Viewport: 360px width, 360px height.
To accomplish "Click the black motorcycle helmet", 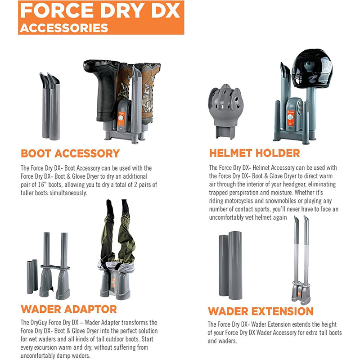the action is click(x=312, y=69).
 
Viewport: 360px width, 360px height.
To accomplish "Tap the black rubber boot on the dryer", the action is click(x=103, y=90).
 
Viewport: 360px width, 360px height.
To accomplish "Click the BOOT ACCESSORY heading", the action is click(x=70, y=153).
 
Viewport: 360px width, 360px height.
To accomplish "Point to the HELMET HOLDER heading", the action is click(x=255, y=153).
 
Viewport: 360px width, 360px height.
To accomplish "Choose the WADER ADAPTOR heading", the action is click(x=69, y=309).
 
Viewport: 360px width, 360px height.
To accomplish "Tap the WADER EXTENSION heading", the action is click(x=261, y=311).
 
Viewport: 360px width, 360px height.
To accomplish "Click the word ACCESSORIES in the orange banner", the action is click(x=64, y=28).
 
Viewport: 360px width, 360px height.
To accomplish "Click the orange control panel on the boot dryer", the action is click(x=121, y=119).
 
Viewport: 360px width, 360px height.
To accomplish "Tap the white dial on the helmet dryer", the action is click(x=290, y=117).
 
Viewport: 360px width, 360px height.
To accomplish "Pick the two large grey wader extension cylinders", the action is click(x=230, y=265).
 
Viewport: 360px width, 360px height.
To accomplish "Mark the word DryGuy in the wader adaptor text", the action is click(x=39, y=323).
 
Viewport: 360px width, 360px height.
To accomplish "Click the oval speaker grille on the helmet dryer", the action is click(x=300, y=108).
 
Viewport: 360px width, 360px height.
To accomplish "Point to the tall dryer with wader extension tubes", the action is click(x=301, y=261).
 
